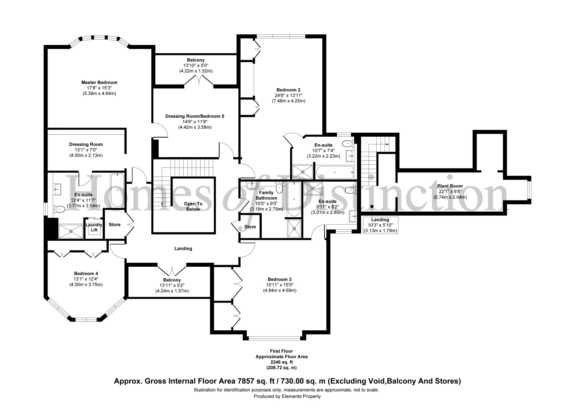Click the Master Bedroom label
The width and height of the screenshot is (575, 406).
tap(99, 82)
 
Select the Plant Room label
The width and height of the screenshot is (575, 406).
tap(450, 186)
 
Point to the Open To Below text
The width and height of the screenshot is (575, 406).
tap(193, 206)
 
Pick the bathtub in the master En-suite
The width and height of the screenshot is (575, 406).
tap(117, 190)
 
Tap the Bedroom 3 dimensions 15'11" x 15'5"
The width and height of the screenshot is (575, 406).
tap(279, 285)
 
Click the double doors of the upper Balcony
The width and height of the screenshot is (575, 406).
tap(199, 80)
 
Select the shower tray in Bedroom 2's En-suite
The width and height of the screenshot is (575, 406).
tap(303, 172)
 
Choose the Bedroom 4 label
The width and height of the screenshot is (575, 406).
tap(86, 274)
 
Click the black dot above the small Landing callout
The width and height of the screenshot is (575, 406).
tap(372, 206)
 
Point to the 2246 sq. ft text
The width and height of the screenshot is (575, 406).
tap(281, 362)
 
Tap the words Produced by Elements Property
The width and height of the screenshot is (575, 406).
tap(287, 396)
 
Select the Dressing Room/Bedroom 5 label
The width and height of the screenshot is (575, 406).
tap(195, 116)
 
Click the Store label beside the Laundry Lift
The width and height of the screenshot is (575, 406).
tap(115, 224)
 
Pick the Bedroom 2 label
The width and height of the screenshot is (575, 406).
tap(288, 90)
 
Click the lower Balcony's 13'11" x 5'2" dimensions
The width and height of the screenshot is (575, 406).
tap(172, 285)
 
